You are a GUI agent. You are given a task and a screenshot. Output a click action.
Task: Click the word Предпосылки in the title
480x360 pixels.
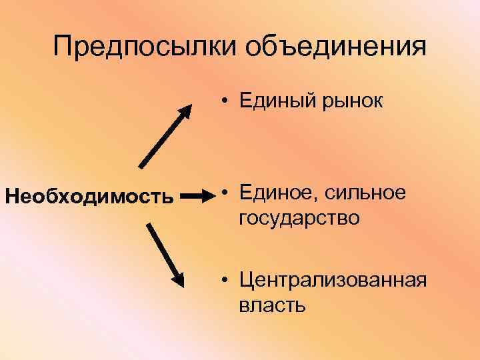pos(145,47)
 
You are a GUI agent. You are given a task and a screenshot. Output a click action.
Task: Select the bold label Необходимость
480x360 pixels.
pos(89,197)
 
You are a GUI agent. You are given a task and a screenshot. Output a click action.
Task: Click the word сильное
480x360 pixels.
pos(365,193)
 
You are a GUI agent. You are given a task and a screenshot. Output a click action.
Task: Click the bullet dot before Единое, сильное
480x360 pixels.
pos(227,193)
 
